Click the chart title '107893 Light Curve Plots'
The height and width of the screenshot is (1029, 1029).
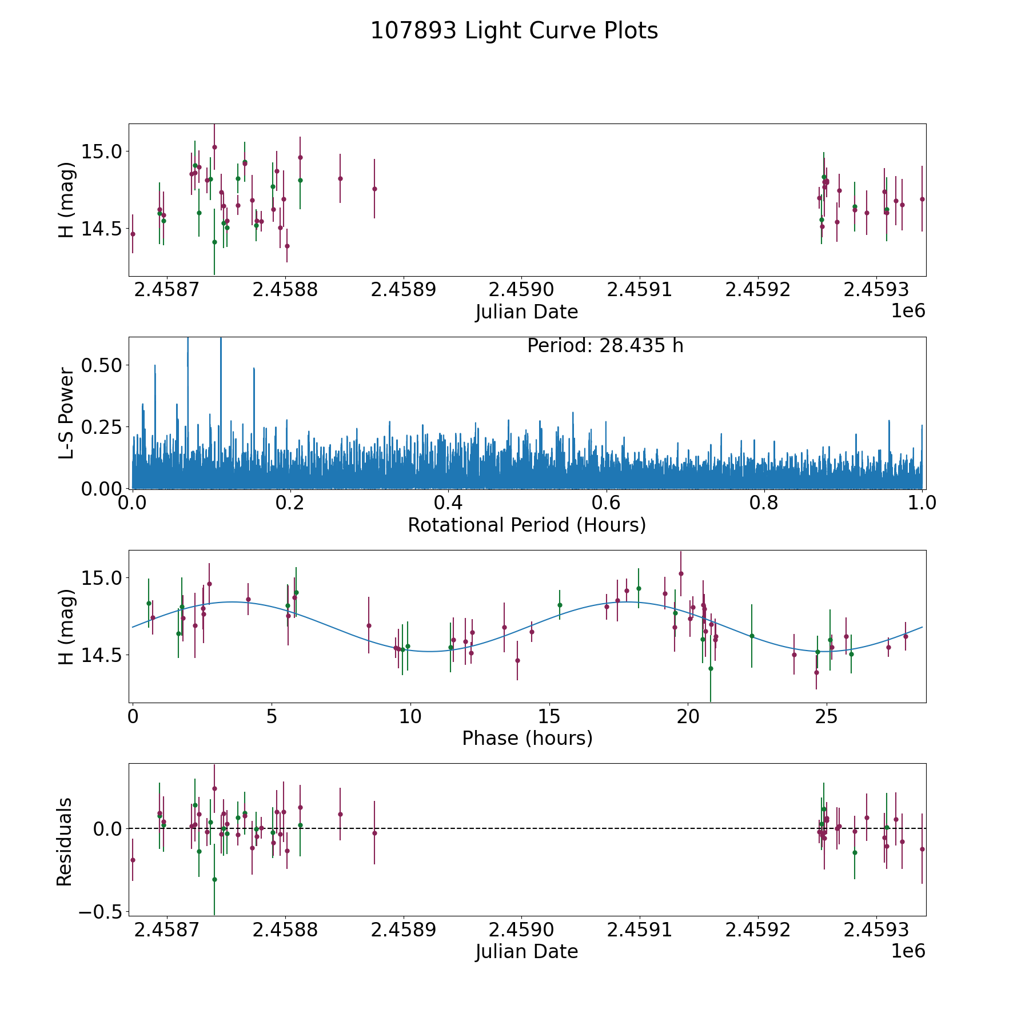(x=514, y=31)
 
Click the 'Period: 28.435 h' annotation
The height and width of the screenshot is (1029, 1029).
(x=605, y=346)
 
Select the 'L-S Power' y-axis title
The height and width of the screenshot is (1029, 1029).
(x=66, y=413)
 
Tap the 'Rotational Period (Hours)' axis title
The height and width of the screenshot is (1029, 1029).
(x=527, y=525)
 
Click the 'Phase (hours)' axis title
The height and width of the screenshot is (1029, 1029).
(x=527, y=738)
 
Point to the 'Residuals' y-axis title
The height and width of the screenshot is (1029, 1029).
(x=65, y=841)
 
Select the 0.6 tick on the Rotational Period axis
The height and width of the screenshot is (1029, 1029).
(x=606, y=502)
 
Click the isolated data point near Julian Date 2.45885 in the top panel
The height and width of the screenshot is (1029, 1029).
(x=340, y=178)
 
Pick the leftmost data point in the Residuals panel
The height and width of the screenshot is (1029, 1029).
(x=133, y=860)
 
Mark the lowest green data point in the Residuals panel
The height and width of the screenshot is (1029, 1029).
(x=214, y=879)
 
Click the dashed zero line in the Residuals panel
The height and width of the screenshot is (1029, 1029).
(x=572, y=828)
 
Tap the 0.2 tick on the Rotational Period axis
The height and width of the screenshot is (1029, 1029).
(x=290, y=502)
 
